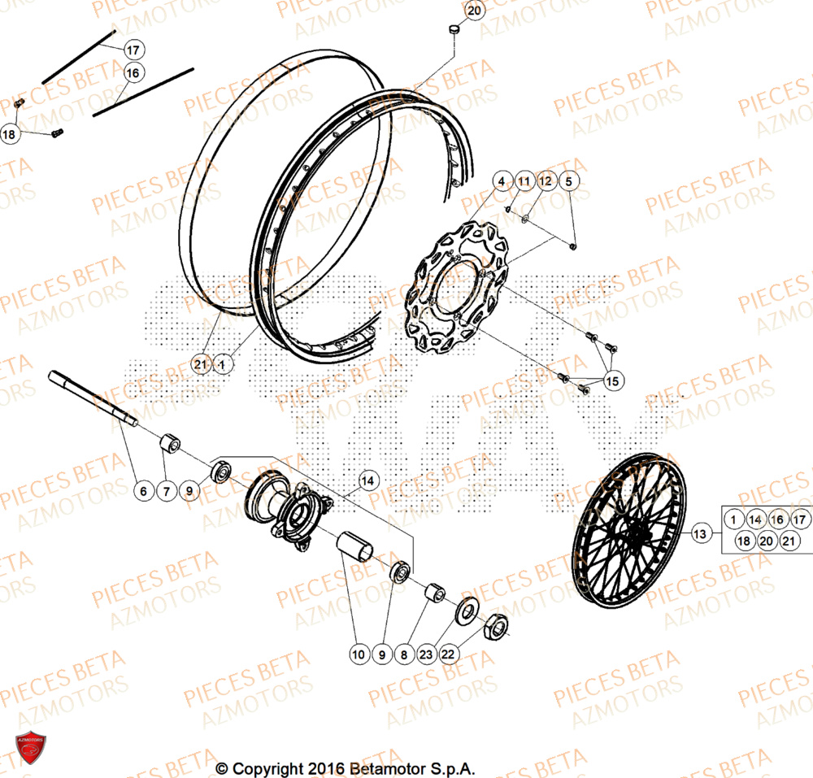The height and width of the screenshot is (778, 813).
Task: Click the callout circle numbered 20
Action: click(475, 11)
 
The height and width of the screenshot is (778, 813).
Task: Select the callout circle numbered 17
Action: click(133, 50)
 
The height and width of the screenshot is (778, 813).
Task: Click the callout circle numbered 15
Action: click(611, 380)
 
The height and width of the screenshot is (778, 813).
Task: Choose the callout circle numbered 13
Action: click(701, 534)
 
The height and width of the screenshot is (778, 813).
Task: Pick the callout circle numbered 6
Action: click(143, 490)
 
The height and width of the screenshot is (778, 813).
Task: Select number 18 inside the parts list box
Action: click(743, 541)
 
